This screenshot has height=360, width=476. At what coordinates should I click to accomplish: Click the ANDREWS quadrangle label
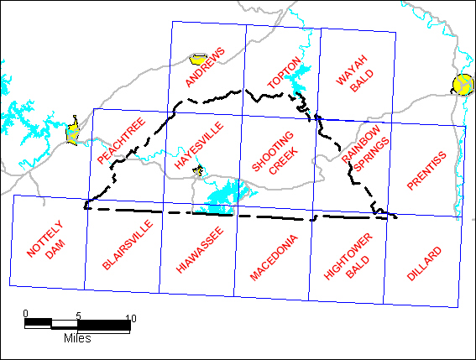click(206, 67)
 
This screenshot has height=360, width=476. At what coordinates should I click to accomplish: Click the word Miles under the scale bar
click(76, 339)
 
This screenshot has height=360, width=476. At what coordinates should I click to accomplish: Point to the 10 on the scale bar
click(130, 316)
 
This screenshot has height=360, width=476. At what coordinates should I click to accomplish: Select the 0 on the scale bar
click(26, 314)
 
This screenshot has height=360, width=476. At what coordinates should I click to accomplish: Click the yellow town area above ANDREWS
click(198, 60)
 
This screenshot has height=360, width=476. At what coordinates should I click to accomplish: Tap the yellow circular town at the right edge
click(463, 84)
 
